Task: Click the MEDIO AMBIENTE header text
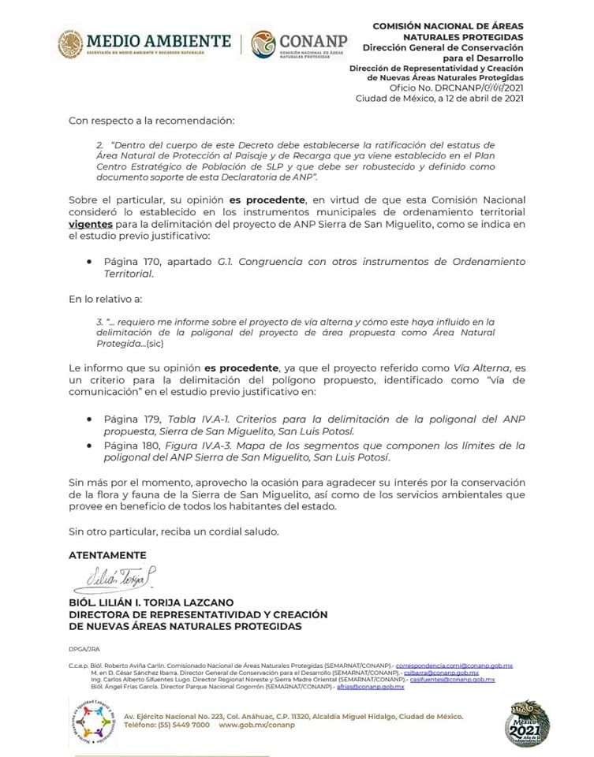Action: [159, 40]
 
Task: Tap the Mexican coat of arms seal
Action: [70, 44]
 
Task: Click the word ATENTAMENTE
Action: [107, 555]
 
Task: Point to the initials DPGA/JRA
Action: [84, 650]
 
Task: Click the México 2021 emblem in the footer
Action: [528, 722]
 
